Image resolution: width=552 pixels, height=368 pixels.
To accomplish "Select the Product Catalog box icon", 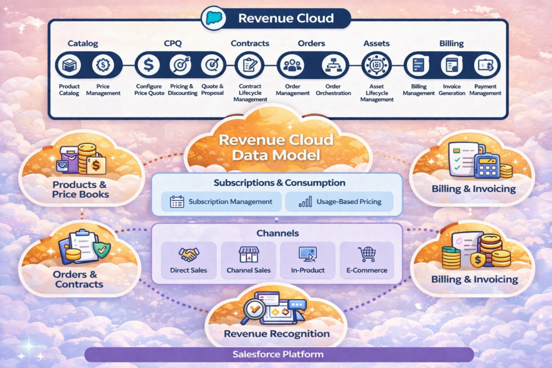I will (69, 66).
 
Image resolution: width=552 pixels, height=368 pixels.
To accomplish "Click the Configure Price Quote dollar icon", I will (147, 66).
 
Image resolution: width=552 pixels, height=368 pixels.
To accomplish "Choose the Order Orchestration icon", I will (332, 66).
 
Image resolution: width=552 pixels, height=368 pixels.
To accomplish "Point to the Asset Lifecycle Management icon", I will (376, 66).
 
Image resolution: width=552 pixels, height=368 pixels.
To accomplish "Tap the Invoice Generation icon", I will (452, 66).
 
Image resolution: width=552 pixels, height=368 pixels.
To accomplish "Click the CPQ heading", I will (174, 43).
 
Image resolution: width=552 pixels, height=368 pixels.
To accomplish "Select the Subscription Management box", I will (221, 202).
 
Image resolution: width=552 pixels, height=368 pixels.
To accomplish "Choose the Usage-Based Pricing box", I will (339, 202).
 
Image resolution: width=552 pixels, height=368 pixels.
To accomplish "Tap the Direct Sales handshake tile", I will (189, 260).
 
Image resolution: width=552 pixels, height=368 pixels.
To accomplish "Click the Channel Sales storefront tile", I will (249, 260).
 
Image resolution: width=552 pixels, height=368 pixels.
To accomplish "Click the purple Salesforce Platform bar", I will (278, 355).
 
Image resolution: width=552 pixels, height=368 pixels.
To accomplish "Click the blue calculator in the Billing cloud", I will (487, 165).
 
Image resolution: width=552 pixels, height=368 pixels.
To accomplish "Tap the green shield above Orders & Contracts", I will (101, 249).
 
